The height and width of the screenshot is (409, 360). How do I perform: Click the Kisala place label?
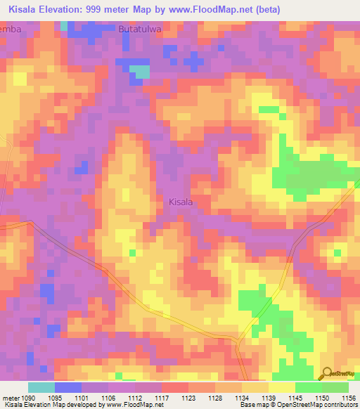(181, 202)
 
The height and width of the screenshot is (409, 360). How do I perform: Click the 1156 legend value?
(348, 397)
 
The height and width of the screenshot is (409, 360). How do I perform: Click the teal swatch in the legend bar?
(41, 387)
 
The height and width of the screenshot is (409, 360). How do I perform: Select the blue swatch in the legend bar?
(67, 387)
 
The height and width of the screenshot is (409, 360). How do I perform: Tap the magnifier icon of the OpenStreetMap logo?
(326, 372)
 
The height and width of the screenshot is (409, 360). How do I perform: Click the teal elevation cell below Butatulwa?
(141, 71)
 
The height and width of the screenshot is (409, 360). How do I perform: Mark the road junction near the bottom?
(239, 342)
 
